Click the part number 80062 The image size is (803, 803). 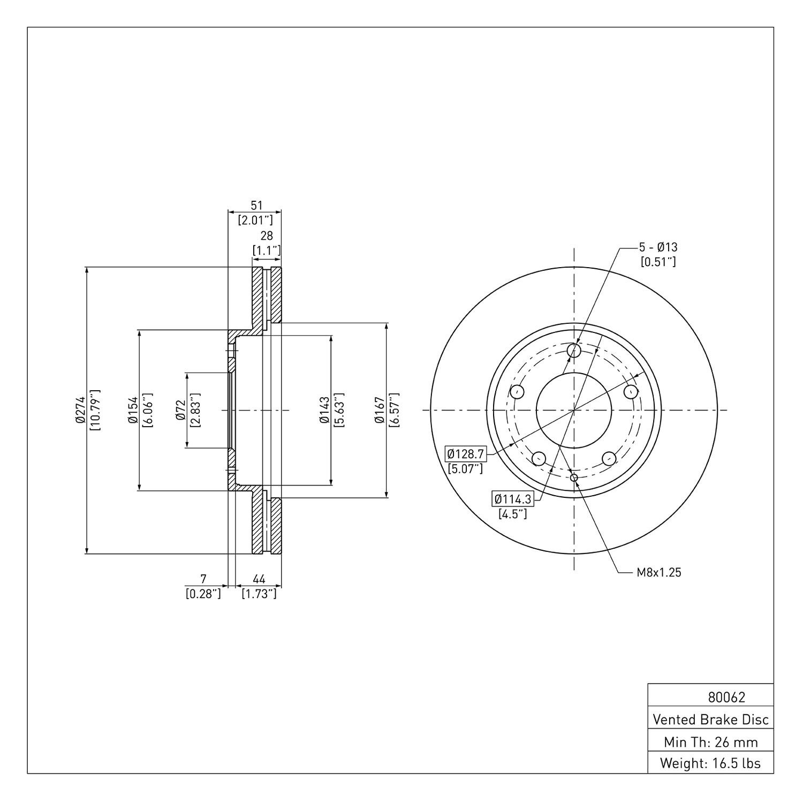pyautogui.click(x=726, y=698)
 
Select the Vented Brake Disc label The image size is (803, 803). pyautogui.click(x=711, y=719)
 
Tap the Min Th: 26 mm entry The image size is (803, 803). pyautogui.click(x=711, y=742)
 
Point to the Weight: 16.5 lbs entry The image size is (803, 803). pyautogui.click(x=710, y=763)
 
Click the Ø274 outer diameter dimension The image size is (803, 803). pyautogui.click(x=81, y=410)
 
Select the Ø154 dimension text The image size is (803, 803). pyautogui.click(x=133, y=410)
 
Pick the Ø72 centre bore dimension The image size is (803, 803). pyautogui.click(x=181, y=410)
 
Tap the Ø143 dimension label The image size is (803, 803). pyautogui.click(x=324, y=410)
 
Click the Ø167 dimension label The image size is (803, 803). pyautogui.click(x=380, y=410)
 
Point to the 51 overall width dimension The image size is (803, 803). pyautogui.click(x=257, y=205)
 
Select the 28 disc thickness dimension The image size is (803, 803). pyautogui.click(x=267, y=236)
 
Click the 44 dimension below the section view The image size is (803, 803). pyautogui.click(x=260, y=579)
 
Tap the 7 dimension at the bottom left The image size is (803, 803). pyautogui.click(x=203, y=579)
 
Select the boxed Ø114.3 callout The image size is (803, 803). pyautogui.click(x=513, y=499)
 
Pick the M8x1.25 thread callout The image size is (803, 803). pyautogui.click(x=659, y=572)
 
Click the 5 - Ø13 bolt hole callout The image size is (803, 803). pyautogui.click(x=658, y=247)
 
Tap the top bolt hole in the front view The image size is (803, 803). pyautogui.click(x=574, y=351)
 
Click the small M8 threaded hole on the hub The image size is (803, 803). pyautogui.click(x=574, y=478)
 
